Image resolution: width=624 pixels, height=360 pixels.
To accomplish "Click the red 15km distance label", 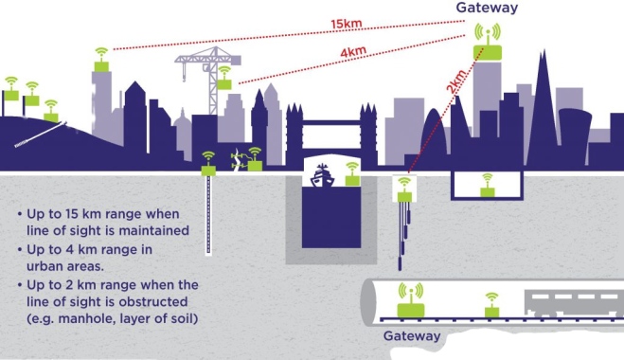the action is pos(347,24).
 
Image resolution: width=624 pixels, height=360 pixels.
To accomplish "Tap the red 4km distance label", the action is pos(353,52).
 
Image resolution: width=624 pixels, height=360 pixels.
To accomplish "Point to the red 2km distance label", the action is pos(455,82).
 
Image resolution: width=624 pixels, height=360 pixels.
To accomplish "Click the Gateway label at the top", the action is pos(487,8).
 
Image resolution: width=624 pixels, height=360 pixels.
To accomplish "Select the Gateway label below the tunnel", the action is pos(412,336).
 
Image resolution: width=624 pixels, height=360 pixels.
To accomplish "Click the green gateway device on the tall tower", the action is pos(488,43).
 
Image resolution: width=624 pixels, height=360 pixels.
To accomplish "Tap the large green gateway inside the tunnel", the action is pos(411,300).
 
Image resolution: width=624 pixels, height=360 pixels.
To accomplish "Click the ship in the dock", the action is pos(322,175).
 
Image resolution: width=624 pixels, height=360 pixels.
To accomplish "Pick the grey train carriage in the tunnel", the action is pos(574,303).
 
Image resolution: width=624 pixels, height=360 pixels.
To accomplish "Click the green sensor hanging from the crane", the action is pos(224,78).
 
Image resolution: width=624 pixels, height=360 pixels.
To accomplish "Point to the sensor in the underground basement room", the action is pos(487,185).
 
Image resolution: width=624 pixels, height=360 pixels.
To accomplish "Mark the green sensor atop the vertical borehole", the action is pos(208,163).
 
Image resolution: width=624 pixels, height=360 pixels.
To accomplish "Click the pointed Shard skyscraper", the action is pos(542,107).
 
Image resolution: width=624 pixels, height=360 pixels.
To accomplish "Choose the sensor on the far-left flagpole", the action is pos(11,89).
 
